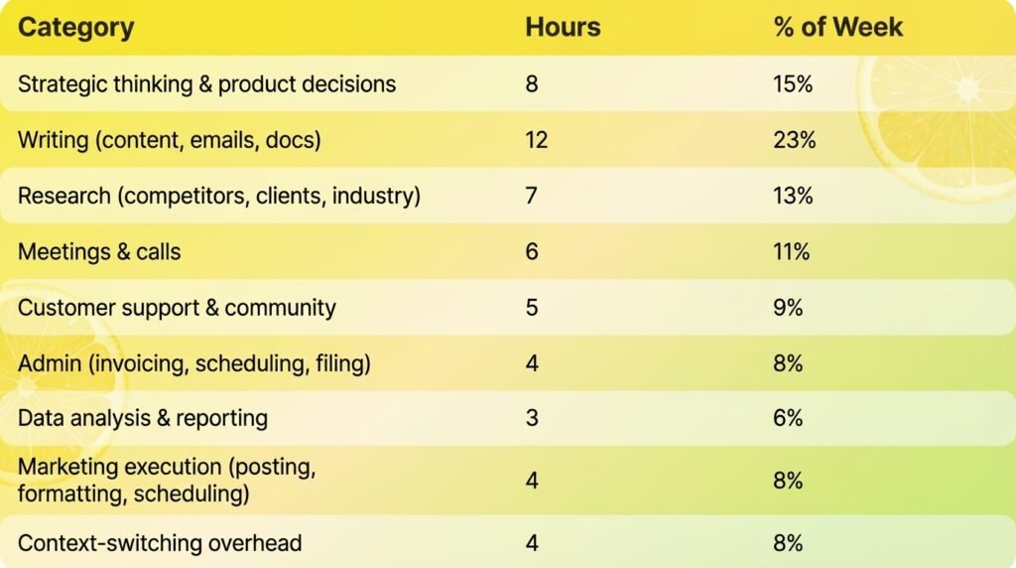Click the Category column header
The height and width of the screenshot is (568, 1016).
[75, 27]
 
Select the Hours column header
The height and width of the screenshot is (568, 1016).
[563, 27]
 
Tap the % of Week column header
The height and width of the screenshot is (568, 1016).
[837, 27]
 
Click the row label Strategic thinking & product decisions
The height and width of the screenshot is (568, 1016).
[206, 83]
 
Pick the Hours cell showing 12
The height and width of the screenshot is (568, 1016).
[536, 140]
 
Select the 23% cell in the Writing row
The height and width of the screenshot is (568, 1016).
[794, 140]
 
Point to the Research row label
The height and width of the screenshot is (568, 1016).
[218, 196]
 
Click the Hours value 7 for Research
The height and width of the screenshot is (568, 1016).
[532, 196]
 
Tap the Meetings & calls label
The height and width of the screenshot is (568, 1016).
[99, 252]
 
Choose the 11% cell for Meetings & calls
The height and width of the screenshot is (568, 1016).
[792, 252]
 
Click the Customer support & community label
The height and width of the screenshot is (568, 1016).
[177, 308]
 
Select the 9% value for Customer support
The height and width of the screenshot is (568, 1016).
[788, 308]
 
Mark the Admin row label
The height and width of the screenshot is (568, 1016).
[193, 363]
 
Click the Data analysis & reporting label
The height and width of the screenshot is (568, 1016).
[143, 418]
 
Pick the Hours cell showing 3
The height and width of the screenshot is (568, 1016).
[532, 418]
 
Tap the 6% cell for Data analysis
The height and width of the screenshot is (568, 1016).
[788, 418]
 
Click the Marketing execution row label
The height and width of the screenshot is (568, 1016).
[167, 480]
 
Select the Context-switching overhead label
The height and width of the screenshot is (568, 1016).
[160, 543]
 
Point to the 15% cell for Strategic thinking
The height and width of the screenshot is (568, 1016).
[793, 83]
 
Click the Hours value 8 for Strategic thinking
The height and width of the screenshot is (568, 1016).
[532, 83]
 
